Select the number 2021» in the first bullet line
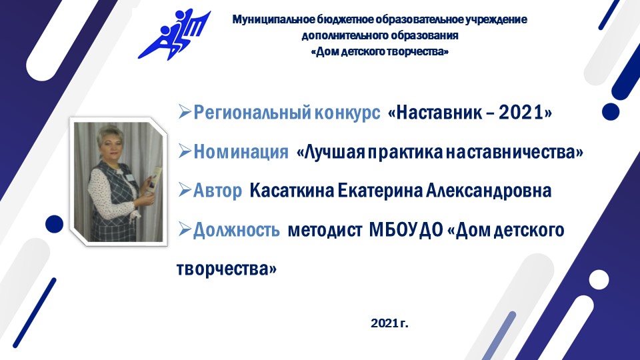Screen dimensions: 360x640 pos(526,113)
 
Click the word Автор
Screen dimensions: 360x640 pos(217,192)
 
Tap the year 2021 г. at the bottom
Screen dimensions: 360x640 pos(389,324)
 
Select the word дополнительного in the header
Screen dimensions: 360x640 pos(337,35)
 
